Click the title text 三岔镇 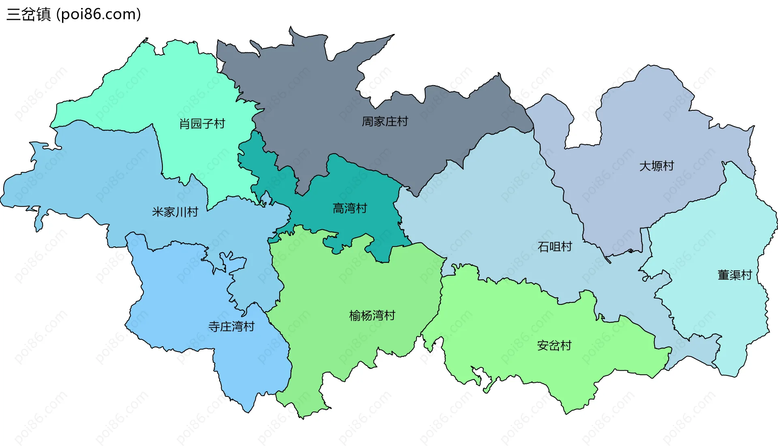pos(29,14)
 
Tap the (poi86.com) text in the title pos(98,14)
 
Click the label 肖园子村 pos(202,124)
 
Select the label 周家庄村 pos(385,121)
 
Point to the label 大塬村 pos(656,166)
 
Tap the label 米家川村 pos(175,212)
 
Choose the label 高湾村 pos(350,208)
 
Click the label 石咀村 pos(555,247)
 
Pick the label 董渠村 pos(735,275)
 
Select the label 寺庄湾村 pos(231,326)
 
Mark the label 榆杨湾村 pos(372,315)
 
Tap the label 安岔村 pos(554,345)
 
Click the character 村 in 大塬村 pos(668,166)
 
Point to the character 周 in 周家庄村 pos(368,121)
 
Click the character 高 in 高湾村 pos(338,208)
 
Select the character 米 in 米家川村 pos(158,212)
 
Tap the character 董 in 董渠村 pos(723,275)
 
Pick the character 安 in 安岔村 pos(543,345)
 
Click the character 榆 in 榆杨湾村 pos(355,315)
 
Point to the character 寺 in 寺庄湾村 pos(214,326)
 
